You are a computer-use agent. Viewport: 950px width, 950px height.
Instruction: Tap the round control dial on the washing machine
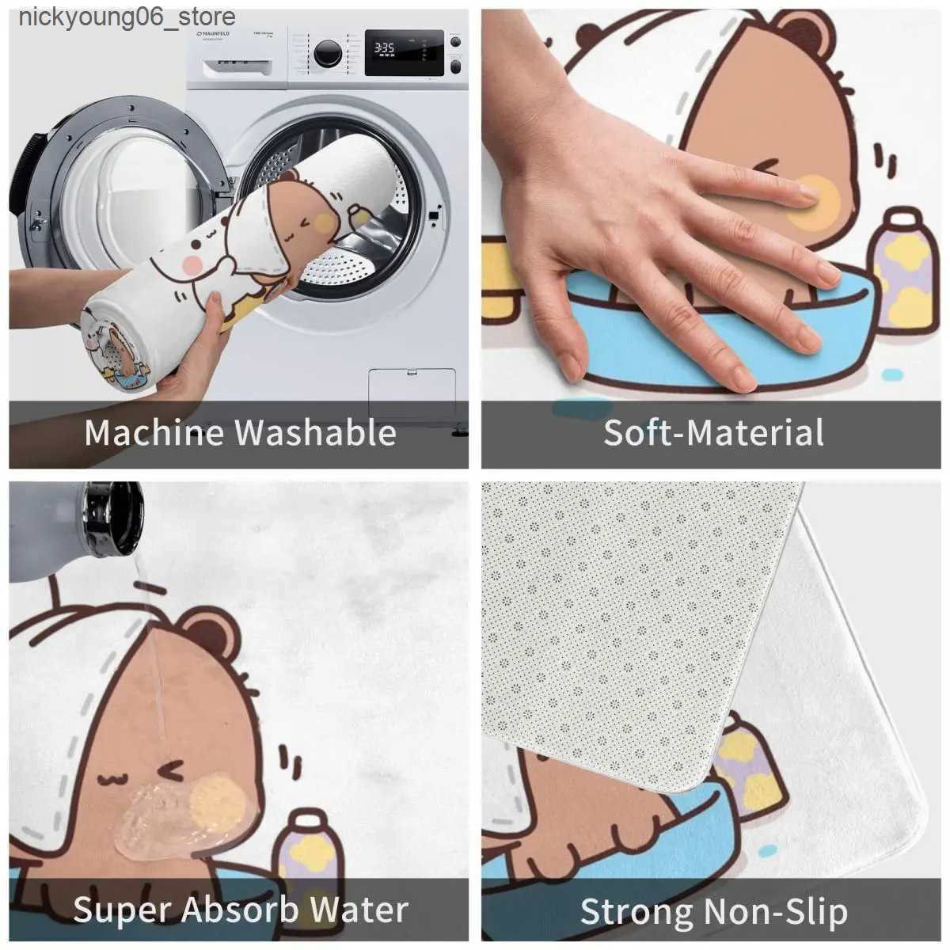pyautogui.click(x=329, y=54)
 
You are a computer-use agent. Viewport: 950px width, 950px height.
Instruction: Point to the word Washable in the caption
pyautogui.click(x=316, y=433)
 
